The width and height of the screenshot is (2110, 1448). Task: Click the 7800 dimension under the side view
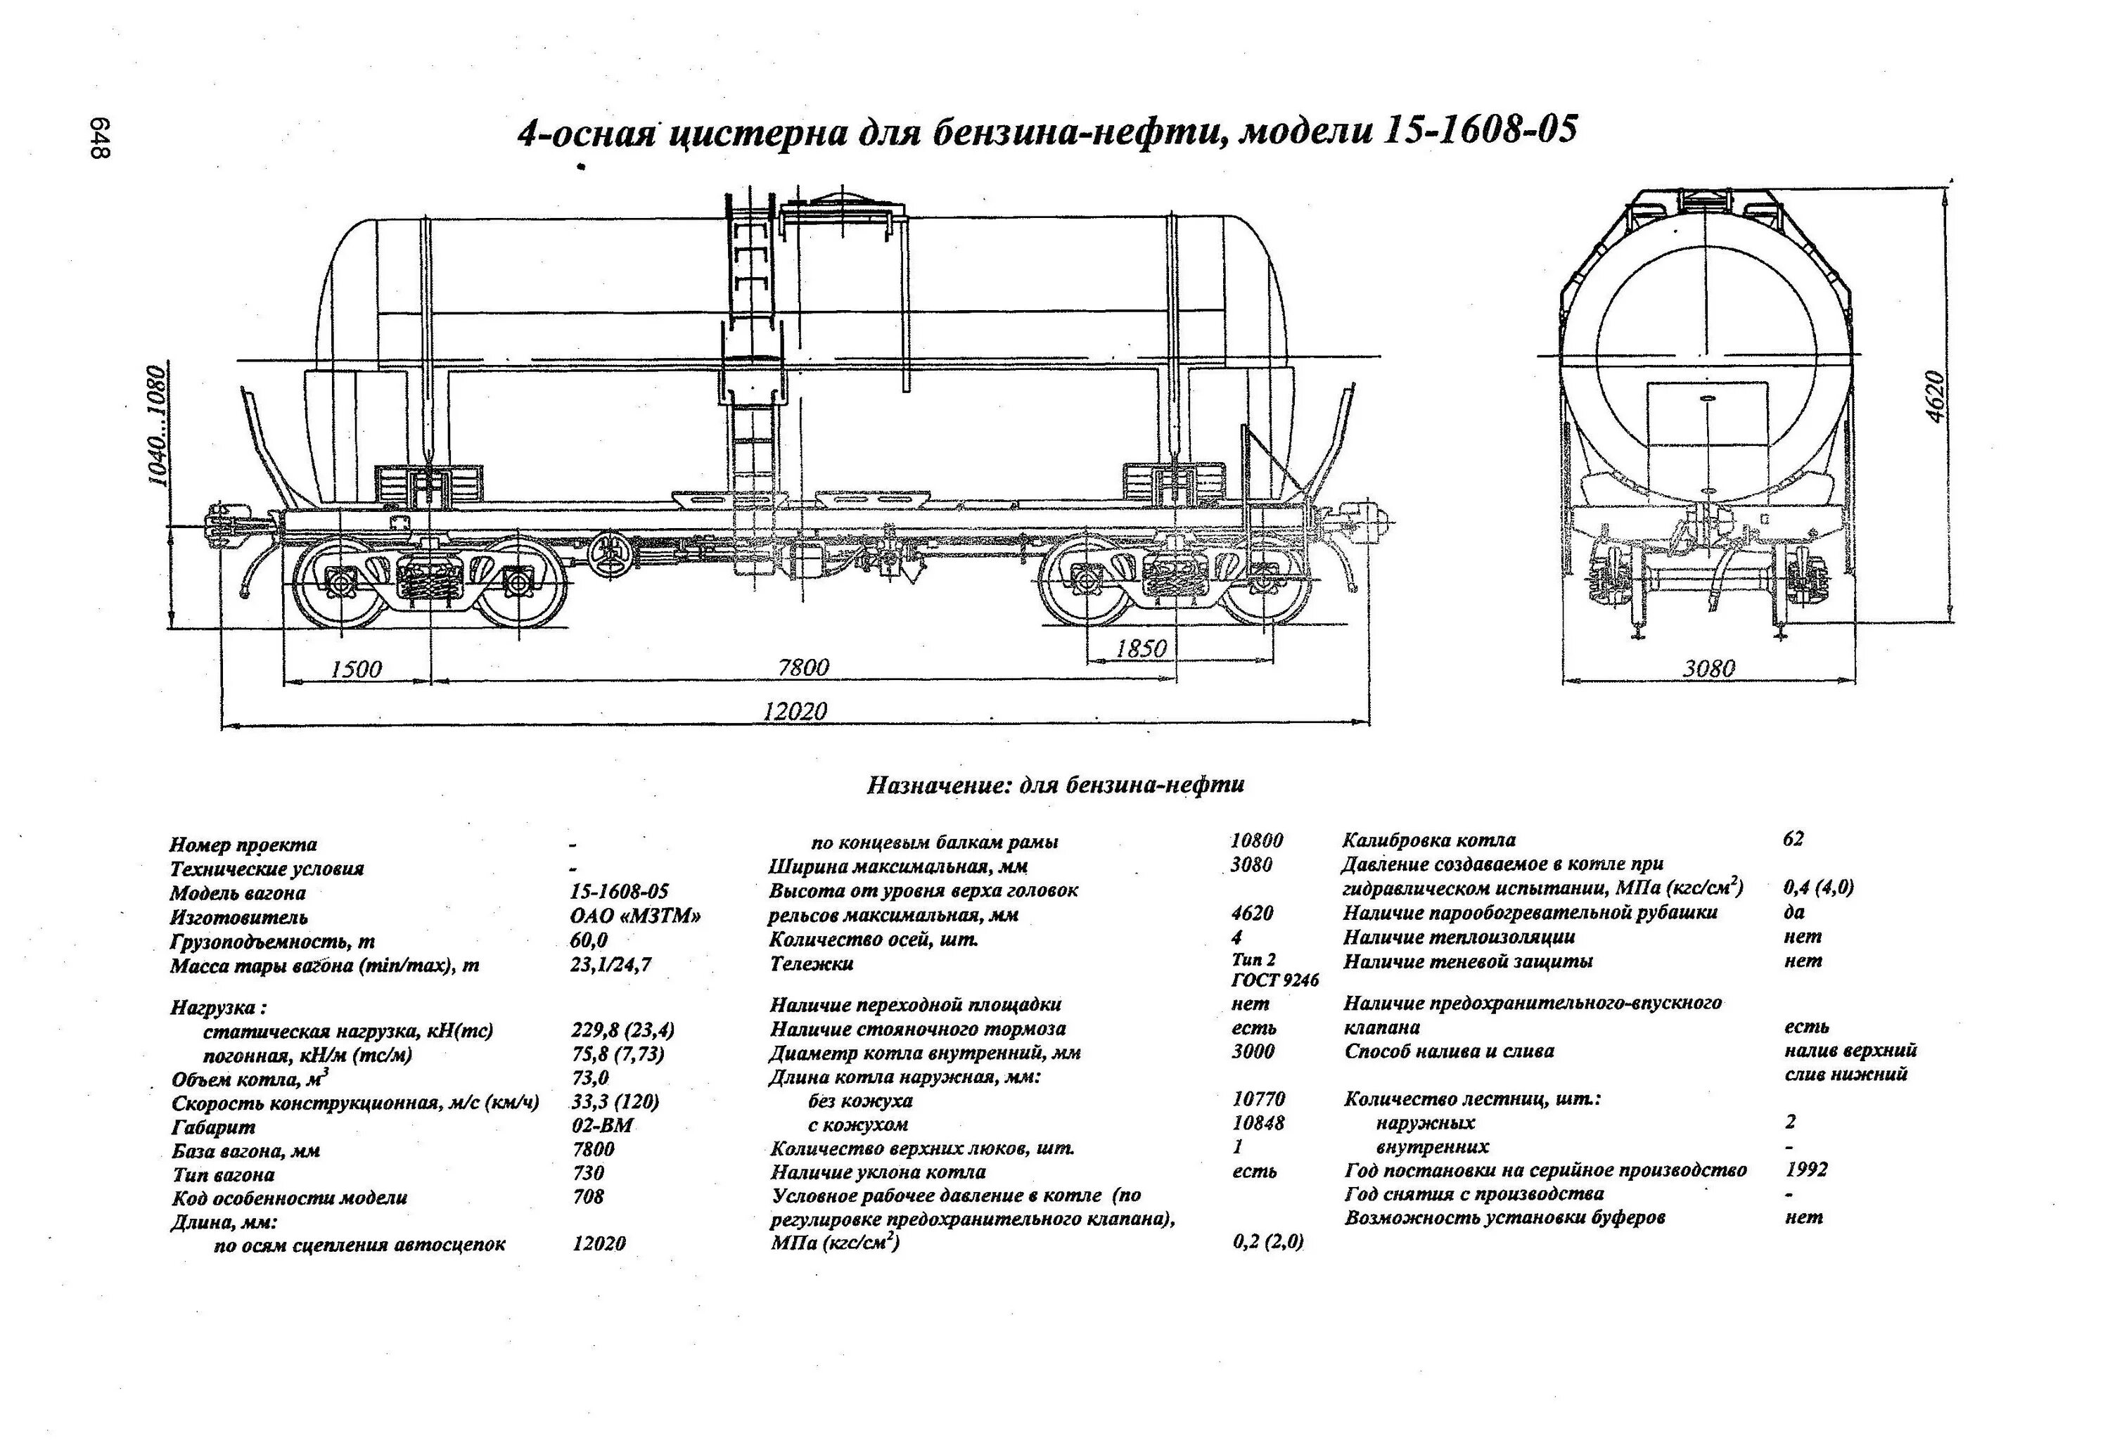pos(803,667)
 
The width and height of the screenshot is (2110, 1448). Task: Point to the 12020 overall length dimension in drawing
pos(795,711)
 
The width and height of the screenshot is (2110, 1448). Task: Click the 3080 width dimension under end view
pos(1708,669)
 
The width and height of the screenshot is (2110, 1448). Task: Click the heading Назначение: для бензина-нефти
pos(1055,784)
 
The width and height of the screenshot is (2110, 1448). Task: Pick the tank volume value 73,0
pos(589,1077)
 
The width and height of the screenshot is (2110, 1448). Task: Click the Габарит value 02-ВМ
pos(601,1126)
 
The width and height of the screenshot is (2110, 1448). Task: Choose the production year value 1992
pos(1806,1170)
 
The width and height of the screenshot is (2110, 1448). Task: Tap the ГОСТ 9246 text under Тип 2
pos(1274,980)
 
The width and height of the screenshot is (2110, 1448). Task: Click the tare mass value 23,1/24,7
pos(610,964)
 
